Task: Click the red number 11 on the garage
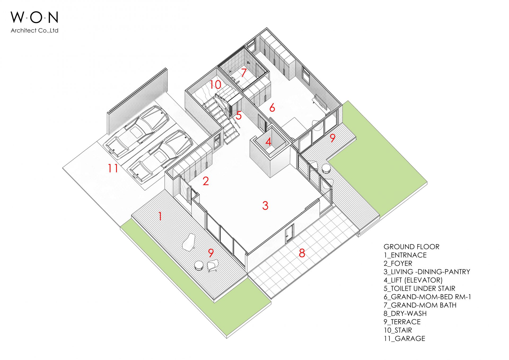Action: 113,168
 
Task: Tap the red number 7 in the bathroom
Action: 244,73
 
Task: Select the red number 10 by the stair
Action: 215,85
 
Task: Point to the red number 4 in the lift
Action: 268,142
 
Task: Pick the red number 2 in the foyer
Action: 206,181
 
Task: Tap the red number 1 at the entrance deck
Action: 160,216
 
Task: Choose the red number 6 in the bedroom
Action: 272,108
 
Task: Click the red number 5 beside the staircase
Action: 239,116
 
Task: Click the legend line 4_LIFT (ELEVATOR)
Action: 413,280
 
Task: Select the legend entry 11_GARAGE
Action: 404,339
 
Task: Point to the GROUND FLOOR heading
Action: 411,247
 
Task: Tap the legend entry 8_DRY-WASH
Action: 405,313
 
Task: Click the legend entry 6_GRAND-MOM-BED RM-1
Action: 427,297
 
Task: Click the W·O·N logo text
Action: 34,17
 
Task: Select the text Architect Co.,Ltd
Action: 34,30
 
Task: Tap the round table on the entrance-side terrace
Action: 199,265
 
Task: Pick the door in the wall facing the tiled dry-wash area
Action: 289,234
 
